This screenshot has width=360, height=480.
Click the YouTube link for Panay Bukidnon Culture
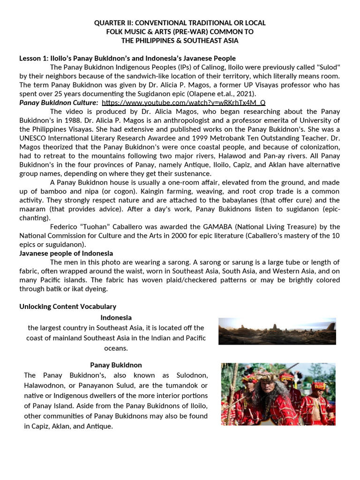(x=183, y=103)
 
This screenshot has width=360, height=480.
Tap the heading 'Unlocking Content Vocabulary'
(x=67, y=307)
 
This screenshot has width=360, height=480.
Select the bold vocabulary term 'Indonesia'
(x=116, y=317)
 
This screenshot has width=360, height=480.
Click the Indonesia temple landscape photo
(x=277, y=331)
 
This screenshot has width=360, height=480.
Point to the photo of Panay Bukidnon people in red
(x=278, y=394)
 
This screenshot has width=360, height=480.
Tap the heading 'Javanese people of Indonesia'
(x=66, y=254)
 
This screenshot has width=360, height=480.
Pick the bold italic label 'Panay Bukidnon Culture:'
(x=59, y=103)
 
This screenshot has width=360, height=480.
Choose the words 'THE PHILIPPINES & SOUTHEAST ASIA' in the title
(x=180, y=40)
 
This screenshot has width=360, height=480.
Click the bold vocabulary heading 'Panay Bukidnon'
(x=116, y=365)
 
